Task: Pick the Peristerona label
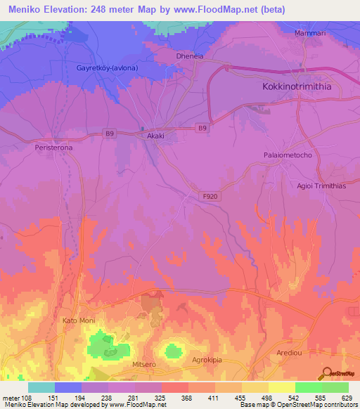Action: (53, 148)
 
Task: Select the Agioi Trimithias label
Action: (321, 186)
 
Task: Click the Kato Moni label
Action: (79, 320)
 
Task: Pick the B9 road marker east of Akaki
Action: (202, 128)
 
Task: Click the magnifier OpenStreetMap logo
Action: (327, 373)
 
